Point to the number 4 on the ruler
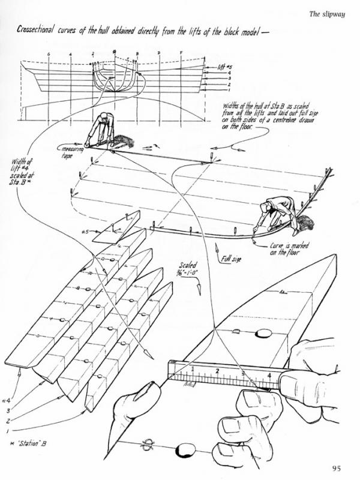pos(269,377)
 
